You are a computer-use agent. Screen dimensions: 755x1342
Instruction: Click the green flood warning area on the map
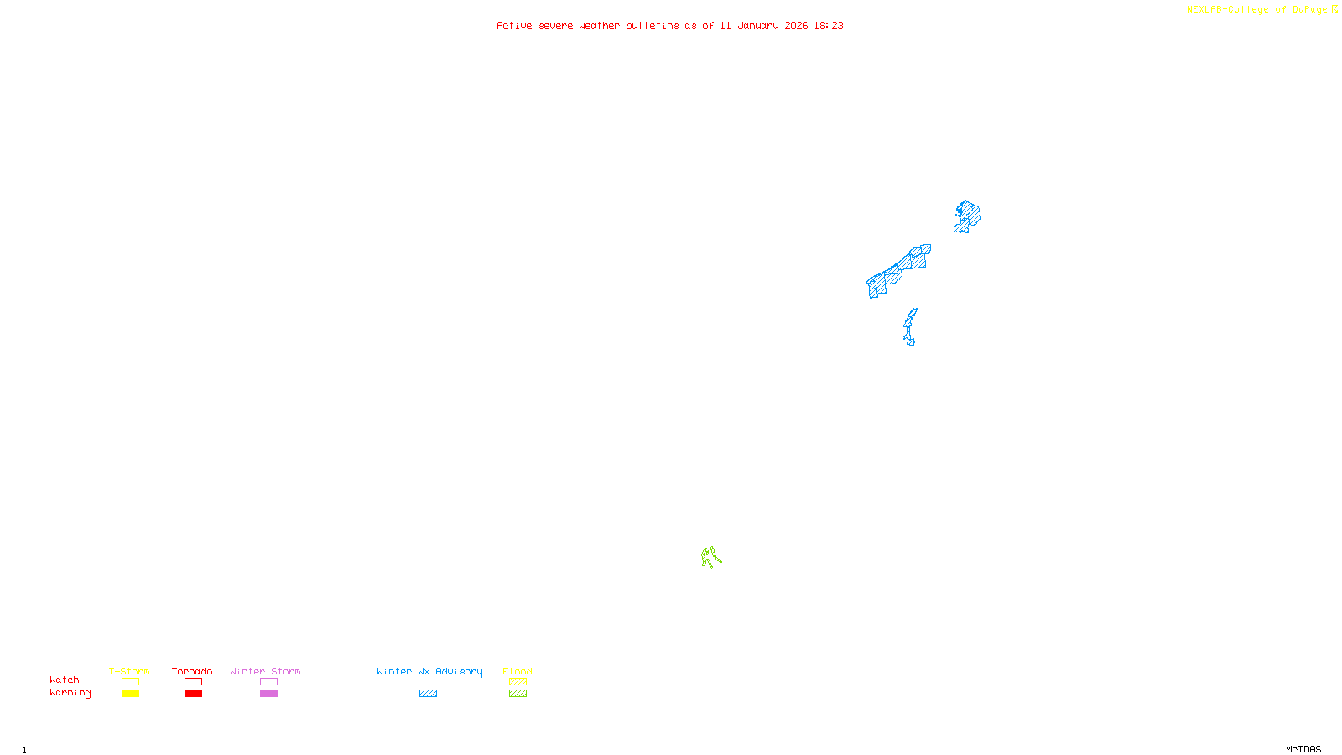(710, 557)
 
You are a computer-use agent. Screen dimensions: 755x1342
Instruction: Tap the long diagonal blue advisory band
(897, 272)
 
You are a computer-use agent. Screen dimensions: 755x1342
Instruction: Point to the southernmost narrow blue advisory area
(909, 326)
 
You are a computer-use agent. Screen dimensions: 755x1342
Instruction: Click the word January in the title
(757, 25)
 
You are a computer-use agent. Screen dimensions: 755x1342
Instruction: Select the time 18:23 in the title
(828, 25)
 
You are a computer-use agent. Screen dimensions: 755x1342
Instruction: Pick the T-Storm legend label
(129, 671)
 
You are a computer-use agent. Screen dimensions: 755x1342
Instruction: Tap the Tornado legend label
(192, 671)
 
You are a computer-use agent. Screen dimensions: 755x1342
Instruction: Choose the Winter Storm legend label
(265, 671)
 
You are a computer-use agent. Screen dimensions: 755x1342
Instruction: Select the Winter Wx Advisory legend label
(429, 671)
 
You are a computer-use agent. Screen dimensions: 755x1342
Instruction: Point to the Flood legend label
(518, 671)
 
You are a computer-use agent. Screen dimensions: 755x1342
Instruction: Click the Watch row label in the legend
(65, 679)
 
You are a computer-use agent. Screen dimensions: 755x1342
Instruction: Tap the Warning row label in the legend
(70, 693)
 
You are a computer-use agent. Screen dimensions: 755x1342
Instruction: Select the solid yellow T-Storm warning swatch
(130, 694)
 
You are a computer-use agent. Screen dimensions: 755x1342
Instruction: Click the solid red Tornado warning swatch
(193, 694)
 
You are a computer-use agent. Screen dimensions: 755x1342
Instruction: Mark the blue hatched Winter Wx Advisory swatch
(428, 694)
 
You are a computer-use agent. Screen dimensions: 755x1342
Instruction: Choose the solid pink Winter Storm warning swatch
(268, 694)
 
